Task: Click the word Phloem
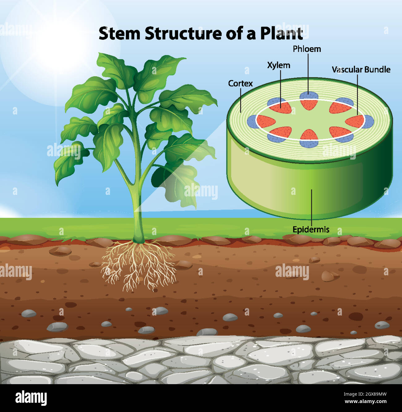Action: point(307,49)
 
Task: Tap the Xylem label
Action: point(279,66)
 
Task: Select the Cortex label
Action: point(240,84)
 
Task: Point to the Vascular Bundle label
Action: point(361,70)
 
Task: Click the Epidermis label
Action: point(311,230)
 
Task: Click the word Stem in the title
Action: point(119,34)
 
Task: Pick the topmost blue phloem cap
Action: point(309,96)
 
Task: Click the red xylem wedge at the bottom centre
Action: point(309,135)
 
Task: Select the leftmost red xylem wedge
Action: point(265,122)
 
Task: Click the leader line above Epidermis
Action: point(311,208)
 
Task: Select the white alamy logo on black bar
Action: point(31,398)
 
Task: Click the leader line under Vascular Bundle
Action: point(357,95)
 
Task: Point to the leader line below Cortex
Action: point(241,100)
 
